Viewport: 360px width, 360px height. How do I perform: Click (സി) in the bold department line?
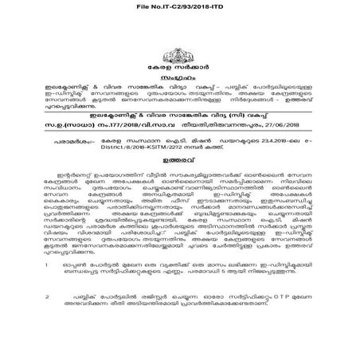click(260, 114)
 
